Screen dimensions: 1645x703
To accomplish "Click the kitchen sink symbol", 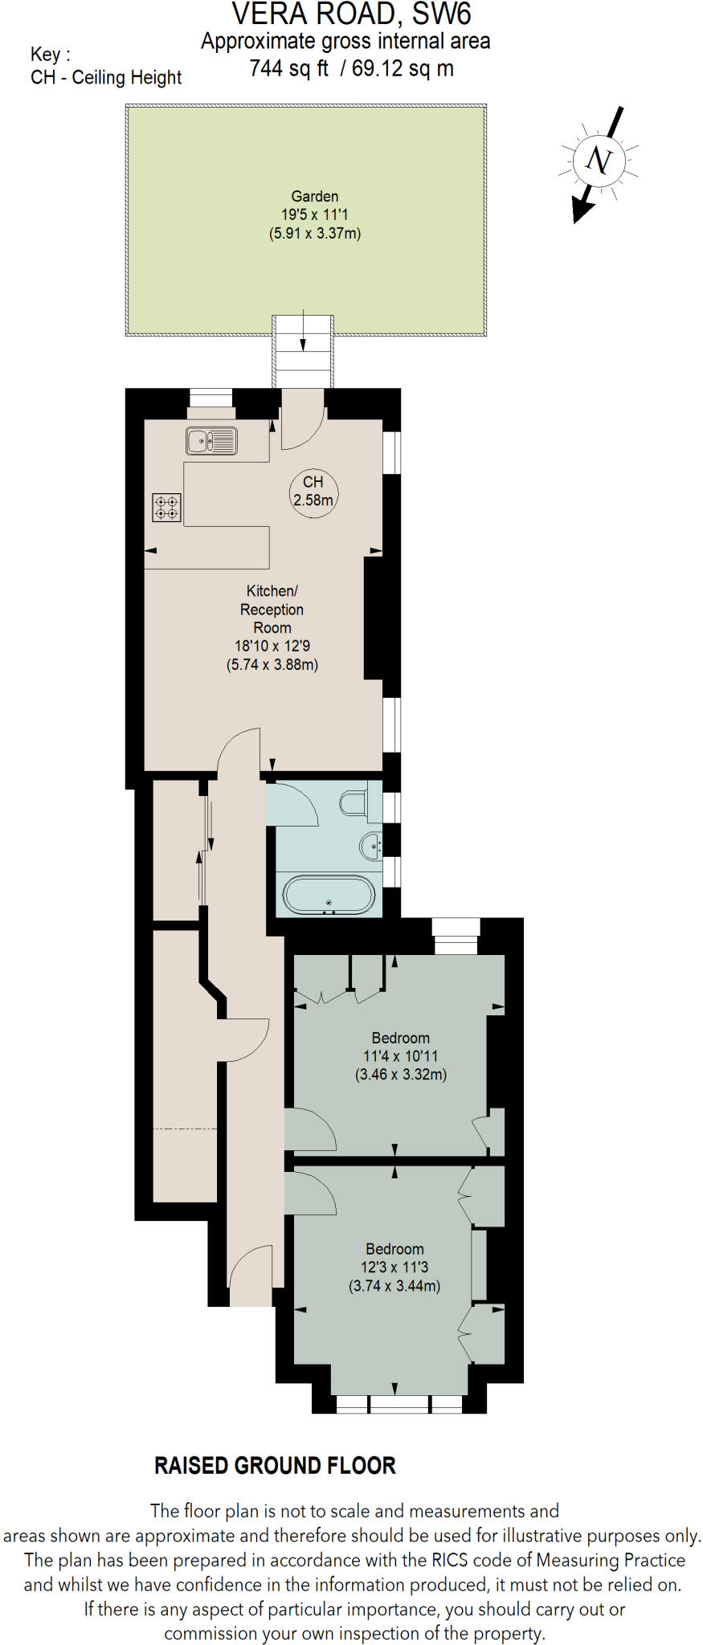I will click(x=211, y=441).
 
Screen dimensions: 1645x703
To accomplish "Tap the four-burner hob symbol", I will click(x=167, y=507).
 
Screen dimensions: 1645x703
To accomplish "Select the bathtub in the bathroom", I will click(x=329, y=896).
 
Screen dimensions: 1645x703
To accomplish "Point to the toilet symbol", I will click(x=355, y=802).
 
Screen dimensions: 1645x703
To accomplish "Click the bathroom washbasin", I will click(x=372, y=846).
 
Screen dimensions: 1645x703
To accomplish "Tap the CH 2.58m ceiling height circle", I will click(x=313, y=491).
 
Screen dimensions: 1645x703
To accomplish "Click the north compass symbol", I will click(x=599, y=161).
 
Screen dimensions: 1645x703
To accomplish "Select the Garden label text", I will click(x=314, y=196).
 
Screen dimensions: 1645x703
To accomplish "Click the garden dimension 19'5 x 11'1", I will click(x=314, y=214).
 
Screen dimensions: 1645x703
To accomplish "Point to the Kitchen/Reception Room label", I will click(x=272, y=609).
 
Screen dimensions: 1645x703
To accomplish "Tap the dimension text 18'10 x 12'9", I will click(x=272, y=646).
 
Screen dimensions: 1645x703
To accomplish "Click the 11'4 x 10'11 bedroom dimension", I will click(x=400, y=1056).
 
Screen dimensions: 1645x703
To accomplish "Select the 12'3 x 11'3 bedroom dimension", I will click(x=394, y=1267).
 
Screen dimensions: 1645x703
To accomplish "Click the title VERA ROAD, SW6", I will click(x=351, y=14).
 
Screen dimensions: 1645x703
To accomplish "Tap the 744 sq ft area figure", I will click(x=289, y=69).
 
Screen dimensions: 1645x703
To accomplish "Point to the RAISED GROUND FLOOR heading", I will click(x=275, y=1466).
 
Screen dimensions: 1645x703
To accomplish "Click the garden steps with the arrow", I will click(x=303, y=351).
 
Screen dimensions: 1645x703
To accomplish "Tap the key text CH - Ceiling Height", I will click(x=106, y=78).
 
